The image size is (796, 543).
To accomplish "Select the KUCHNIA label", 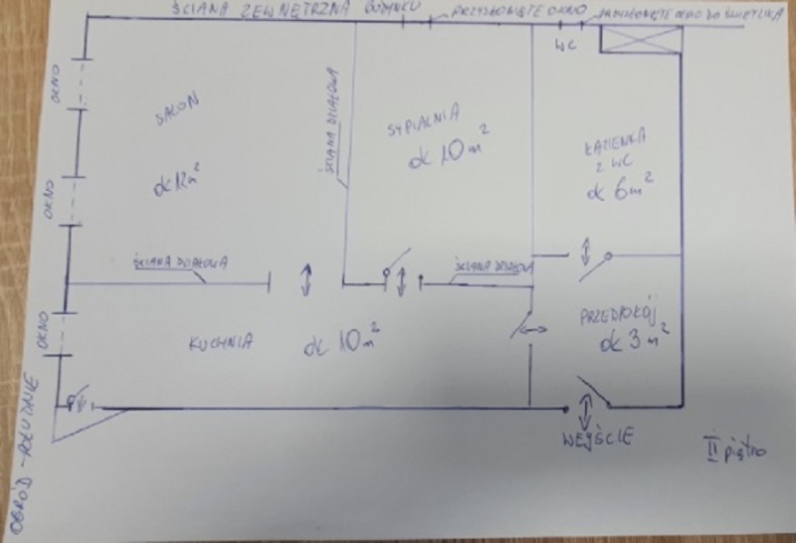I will click(x=219, y=343).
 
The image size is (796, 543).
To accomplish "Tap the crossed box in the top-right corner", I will click(x=641, y=41).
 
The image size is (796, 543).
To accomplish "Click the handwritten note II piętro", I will click(x=734, y=450).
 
